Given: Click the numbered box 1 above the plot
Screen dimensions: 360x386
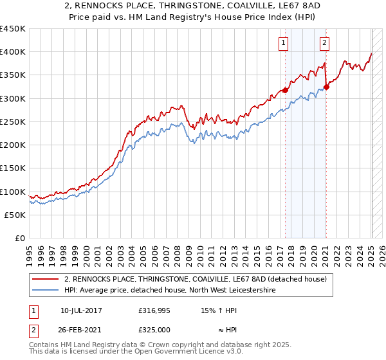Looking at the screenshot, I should coord(283,43).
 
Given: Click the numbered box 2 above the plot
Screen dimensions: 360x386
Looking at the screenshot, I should coord(324,43).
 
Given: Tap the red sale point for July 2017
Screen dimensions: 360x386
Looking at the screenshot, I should coord(285,90).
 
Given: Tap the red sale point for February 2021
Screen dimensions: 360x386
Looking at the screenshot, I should coord(326,87).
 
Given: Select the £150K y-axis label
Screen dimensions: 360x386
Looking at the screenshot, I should coord(13,168).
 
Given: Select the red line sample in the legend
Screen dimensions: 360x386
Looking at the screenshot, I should coord(46,279).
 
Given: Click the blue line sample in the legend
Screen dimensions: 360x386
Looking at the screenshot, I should coord(46,291).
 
